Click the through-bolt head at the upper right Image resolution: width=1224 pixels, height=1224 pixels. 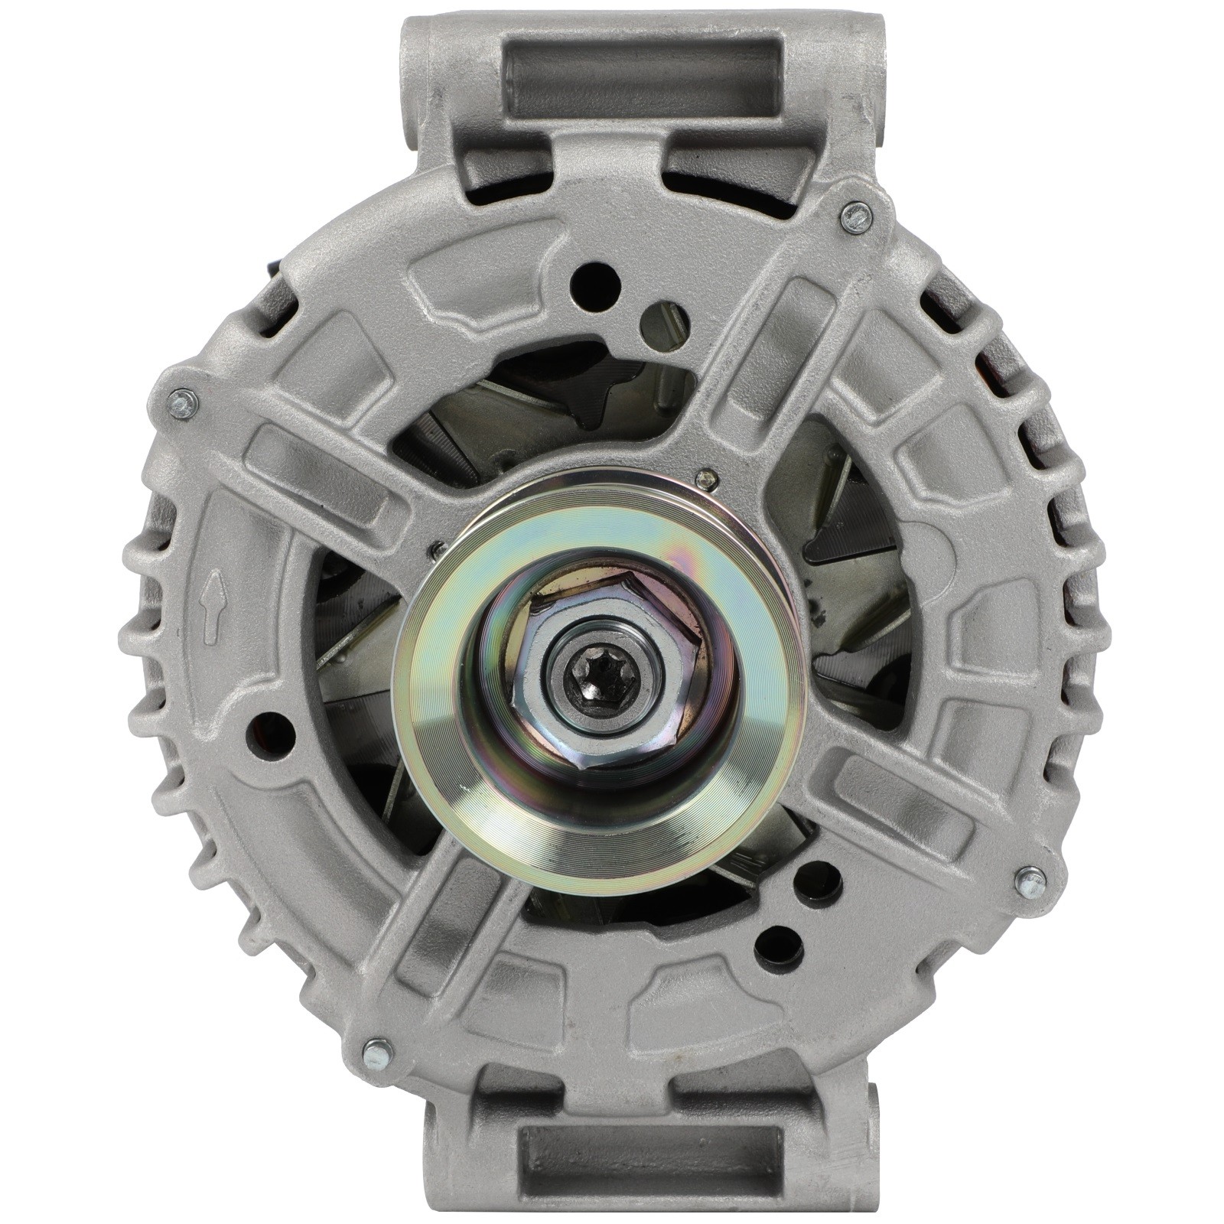pos(855,217)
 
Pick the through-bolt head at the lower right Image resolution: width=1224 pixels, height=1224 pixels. pos(1030,882)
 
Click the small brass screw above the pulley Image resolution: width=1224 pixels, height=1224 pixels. pos(708,479)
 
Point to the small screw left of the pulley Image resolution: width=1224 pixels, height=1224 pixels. pos(437,549)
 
